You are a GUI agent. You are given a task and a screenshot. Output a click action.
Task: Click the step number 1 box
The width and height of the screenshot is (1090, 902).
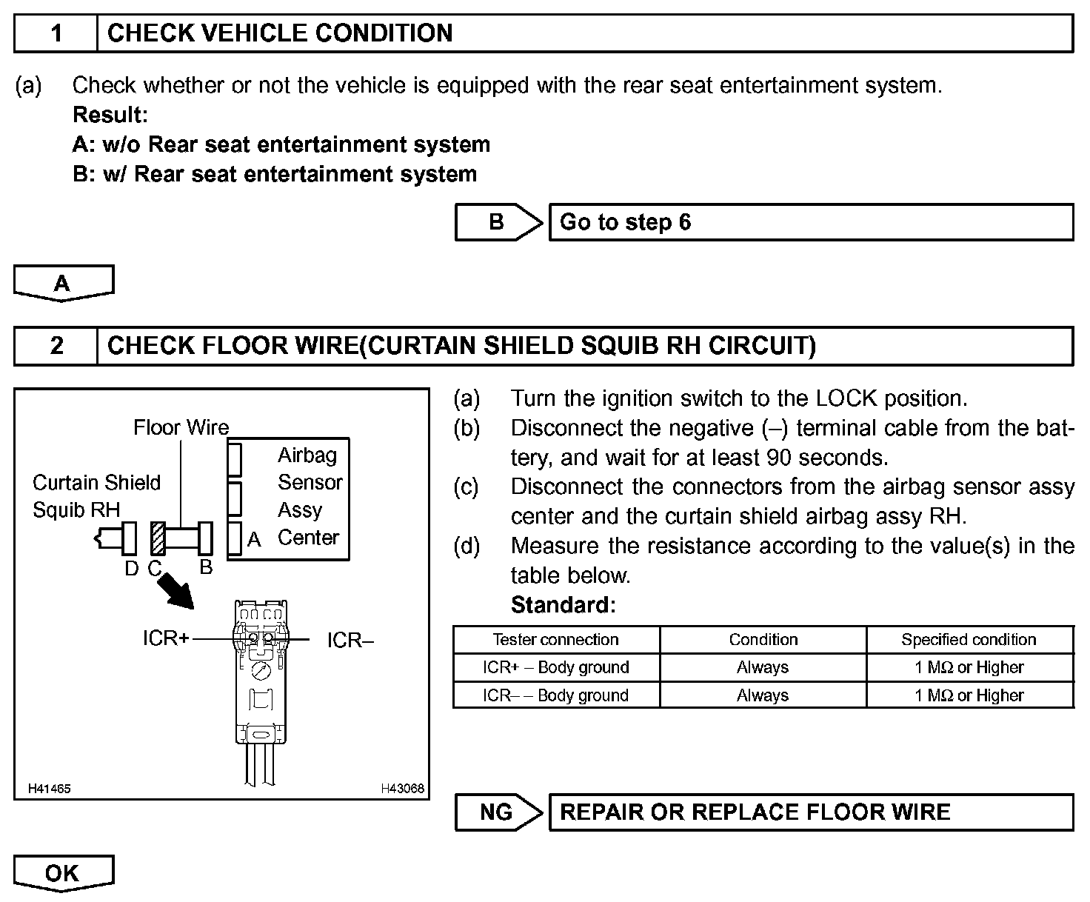point(56,34)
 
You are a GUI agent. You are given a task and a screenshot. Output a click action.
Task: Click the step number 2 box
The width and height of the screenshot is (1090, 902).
point(56,346)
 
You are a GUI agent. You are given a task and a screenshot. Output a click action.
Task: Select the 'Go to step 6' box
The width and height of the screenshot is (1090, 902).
point(811,222)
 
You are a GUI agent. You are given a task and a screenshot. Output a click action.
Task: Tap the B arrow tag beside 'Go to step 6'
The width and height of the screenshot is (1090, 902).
point(498,222)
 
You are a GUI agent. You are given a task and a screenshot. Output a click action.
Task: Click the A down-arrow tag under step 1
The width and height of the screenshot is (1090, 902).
point(64,283)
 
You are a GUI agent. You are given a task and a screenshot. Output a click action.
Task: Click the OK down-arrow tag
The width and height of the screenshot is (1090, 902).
point(64,873)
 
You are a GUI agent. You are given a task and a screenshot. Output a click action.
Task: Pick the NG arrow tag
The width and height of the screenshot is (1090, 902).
point(498,812)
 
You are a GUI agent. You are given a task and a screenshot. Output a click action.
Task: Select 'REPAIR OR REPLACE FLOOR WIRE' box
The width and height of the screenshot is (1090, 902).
point(811,812)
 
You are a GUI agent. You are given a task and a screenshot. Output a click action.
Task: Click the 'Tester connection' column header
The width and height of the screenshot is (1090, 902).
point(555,640)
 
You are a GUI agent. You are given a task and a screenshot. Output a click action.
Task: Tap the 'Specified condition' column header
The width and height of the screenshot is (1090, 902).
point(969,640)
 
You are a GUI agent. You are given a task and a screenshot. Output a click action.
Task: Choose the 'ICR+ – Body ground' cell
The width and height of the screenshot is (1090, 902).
point(555,667)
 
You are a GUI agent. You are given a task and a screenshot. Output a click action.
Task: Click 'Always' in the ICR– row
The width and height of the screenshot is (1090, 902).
point(763,695)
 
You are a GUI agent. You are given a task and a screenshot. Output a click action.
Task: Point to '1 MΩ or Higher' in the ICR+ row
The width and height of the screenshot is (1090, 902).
point(969,667)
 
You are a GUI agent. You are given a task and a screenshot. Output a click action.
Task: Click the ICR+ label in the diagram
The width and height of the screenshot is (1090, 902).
point(166,638)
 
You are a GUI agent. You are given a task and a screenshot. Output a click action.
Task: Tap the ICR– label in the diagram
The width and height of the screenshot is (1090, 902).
point(350,640)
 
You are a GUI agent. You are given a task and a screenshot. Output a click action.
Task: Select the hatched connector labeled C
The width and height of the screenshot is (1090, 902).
point(156,538)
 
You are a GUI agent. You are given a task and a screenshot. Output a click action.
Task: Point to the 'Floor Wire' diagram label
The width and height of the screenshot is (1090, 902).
point(181,427)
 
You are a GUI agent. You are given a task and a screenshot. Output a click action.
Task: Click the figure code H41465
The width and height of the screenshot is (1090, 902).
point(50,789)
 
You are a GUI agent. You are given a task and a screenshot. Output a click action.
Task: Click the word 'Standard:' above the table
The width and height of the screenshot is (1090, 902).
point(563,605)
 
